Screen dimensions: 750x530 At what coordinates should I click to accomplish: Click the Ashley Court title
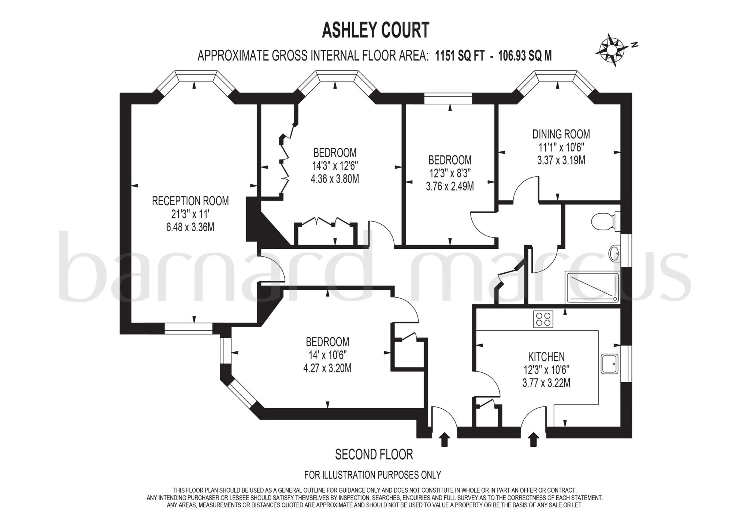point(375,30)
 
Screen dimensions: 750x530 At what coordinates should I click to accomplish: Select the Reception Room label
point(190,201)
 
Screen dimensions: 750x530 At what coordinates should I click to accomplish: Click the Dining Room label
point(561,134)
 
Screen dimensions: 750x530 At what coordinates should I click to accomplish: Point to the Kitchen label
point(546,356)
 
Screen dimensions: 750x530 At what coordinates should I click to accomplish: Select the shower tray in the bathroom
point(592,288)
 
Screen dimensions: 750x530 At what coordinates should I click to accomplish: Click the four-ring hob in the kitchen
point(543,319)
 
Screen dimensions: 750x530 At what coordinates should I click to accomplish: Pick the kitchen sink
point(610,364)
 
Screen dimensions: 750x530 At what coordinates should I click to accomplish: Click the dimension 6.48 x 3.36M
point(190,227)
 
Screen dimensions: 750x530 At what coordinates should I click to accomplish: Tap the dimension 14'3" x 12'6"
point(335,166)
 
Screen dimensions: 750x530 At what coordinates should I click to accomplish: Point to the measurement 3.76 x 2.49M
point(450,186)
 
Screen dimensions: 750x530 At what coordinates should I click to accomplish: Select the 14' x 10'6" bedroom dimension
point(327,355)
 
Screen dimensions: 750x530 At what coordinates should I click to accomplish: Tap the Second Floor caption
point(374,454)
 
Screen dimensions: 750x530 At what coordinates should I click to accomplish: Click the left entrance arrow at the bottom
point(445,439)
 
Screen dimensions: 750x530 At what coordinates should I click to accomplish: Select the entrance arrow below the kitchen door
point(534,439)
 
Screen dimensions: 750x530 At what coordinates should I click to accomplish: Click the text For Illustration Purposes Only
point(373,475)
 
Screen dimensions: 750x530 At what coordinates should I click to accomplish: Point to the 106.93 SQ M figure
point(525,56)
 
